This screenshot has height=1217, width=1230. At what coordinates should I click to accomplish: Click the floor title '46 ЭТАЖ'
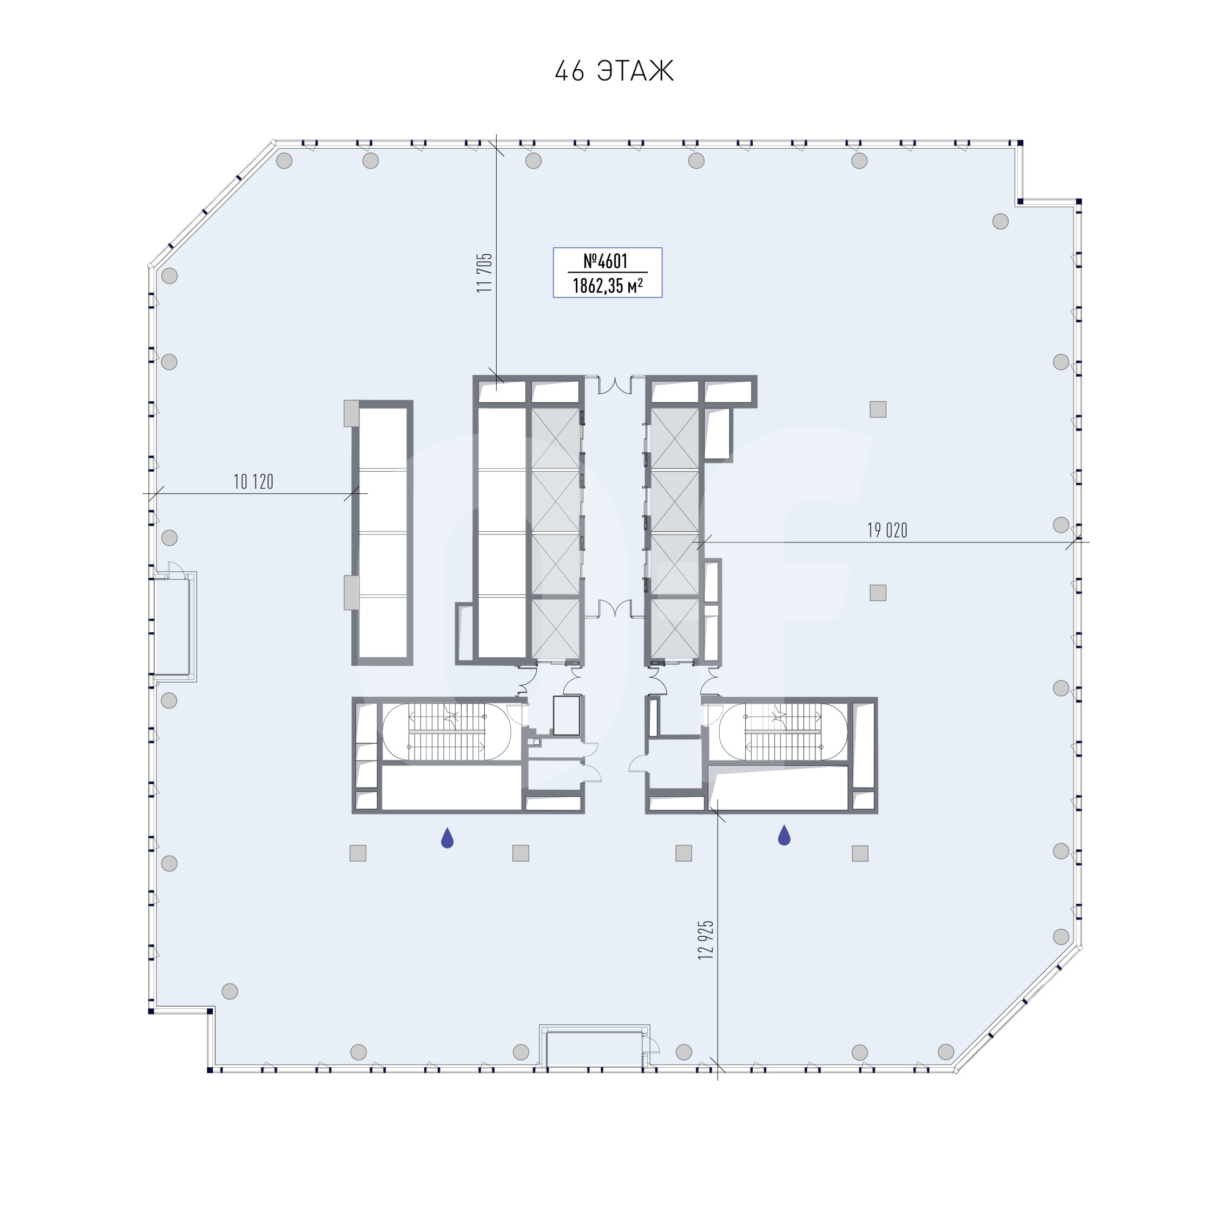click(614, 71)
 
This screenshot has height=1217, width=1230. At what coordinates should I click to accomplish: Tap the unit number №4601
click(606, 261)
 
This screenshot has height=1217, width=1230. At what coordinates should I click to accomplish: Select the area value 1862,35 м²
click(607, 286)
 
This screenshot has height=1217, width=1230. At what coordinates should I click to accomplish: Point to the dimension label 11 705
click(484, 273)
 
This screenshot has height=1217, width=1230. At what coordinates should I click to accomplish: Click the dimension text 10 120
click(253, 482)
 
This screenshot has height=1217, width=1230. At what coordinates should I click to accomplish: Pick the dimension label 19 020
click(887, 530)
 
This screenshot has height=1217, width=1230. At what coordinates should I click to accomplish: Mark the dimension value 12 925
click(706, 940)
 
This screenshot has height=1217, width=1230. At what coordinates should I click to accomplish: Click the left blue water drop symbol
click(448, 838)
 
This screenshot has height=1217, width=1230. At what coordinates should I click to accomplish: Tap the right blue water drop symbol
click(784, 835)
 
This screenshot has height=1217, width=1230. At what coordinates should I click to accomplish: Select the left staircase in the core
click(446, 732)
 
